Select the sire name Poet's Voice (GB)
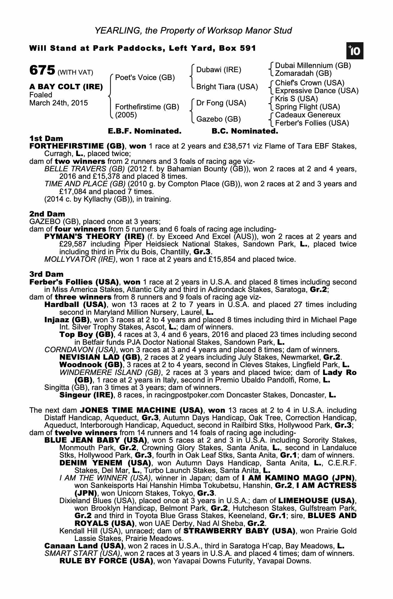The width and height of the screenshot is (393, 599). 145,78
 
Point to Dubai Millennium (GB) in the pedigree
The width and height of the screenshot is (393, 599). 313,66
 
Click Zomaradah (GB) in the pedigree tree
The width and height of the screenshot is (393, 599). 303,73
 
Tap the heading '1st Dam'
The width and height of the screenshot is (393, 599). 46,138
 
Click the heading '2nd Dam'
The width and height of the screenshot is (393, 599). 47,214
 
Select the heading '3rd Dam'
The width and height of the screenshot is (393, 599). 47,274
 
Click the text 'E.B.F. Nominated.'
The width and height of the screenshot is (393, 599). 145,131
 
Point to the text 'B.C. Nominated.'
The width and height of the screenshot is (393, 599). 245,131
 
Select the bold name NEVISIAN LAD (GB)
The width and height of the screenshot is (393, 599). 100,357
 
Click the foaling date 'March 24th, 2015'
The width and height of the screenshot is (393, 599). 59,103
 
